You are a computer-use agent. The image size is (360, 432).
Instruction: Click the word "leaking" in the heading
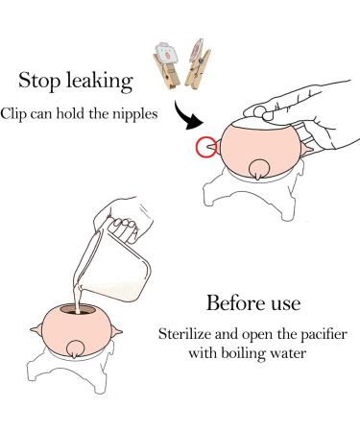[x=100, y=82]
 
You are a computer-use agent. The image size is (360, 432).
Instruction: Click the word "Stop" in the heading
[x=39, y=81]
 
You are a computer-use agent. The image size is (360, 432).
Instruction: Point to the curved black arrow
[x=181, y=117]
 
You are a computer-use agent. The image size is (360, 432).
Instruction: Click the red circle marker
[x=206, y=147]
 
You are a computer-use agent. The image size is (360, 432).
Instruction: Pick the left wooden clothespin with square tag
[x=166, y=65]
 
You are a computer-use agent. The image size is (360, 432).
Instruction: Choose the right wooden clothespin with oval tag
[x=198, y=64]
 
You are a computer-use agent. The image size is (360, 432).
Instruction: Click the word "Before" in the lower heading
[x=236, y=302]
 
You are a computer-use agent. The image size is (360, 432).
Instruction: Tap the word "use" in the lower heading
[x=286, y=304]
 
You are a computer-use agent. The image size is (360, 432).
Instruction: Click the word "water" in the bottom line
[x=288, y=354]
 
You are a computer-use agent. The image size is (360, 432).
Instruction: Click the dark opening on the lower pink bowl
[x=79, y=310]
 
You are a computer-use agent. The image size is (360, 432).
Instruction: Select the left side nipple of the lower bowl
[x=36, y=329]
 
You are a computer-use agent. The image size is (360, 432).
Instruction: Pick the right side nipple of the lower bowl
[x=117, y=331]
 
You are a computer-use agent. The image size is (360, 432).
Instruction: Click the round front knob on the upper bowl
[x=257, y=169]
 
